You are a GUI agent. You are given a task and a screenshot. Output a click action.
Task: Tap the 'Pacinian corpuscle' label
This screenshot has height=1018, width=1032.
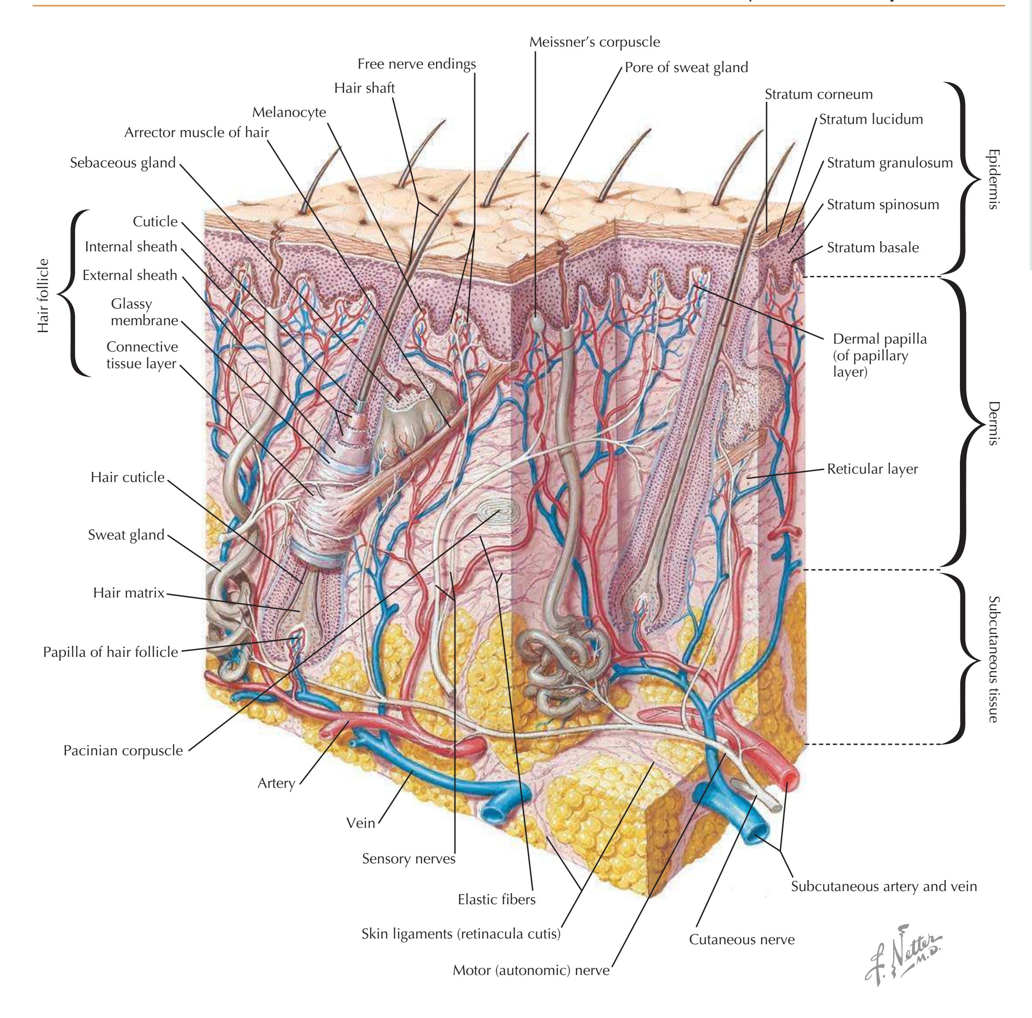point(123,750)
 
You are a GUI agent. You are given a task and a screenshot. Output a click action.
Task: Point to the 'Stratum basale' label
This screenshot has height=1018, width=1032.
point(873,247)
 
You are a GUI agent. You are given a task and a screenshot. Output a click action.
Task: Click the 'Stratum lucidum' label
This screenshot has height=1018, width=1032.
point(871,119)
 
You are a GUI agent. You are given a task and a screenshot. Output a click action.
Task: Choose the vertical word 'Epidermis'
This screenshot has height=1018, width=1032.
point(992,179)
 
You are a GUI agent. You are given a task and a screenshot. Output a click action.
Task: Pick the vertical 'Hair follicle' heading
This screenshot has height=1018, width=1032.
point(43,295)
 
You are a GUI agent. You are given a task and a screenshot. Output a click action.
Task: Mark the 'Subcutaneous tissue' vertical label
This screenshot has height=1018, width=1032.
point(992,659)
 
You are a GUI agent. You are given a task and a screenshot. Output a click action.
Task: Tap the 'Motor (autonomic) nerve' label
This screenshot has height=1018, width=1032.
point(531,970)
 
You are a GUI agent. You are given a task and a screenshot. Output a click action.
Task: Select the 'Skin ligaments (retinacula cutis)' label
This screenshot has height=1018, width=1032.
point(461,934)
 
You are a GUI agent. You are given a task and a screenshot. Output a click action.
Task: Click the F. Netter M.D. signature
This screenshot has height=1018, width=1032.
point(903,954)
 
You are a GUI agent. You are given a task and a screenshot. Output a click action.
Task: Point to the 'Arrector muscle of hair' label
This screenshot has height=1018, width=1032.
point(196,132)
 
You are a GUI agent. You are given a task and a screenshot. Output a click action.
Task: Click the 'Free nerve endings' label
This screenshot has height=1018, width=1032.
point(417,64)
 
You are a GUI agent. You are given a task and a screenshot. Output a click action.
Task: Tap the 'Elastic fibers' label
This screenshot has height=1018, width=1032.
point(496,899)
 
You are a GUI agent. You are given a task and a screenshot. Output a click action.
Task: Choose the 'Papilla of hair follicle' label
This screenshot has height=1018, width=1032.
point(110,652)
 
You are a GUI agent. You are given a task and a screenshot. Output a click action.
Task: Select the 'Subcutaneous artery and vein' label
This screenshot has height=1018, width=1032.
point(883,886)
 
